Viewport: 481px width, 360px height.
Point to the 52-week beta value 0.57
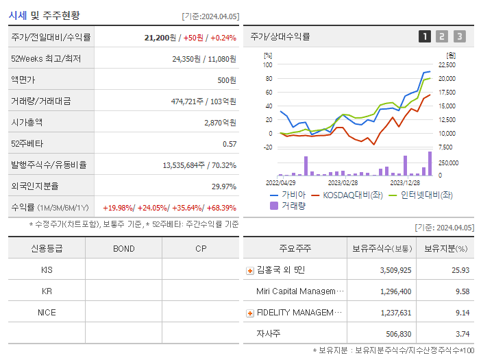coord(230,144)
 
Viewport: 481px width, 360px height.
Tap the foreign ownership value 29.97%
coord(223,187)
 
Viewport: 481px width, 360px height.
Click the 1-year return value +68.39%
coord(218,208)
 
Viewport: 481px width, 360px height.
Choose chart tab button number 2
coord(442,36)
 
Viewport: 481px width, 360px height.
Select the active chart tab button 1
coord(425,36)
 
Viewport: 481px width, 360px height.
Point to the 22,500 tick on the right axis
coord(447,65)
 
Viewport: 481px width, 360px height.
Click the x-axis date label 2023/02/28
coord(343,182)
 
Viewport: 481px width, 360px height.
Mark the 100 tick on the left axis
coord(268,65)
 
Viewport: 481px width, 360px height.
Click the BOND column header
coord(124,248)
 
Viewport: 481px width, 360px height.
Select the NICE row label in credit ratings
coord(47,312)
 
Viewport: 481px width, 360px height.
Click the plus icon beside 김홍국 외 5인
coord(249,270)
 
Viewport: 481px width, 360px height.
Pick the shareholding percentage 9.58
coord(462,291)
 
